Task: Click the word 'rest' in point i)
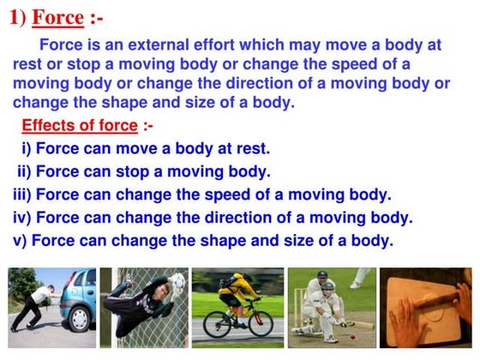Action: [253, 148]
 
